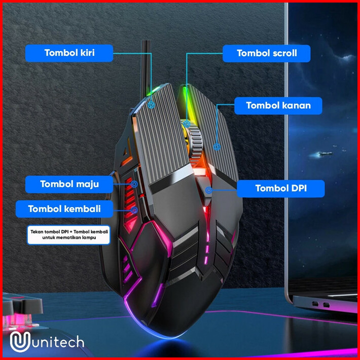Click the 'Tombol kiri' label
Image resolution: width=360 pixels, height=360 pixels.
click(69, 53)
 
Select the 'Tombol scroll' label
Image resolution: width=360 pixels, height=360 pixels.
click(267, 53)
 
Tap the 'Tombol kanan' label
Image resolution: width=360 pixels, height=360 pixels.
click(278, 105)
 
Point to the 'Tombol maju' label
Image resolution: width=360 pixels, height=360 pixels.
click(69, 184)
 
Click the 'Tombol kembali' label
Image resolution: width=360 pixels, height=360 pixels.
click(64, 208)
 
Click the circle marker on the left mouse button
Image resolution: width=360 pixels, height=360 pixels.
click(152, 105)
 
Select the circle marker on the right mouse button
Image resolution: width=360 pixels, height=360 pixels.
click(217, 147)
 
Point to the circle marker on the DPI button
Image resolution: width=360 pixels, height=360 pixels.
click(208, 190)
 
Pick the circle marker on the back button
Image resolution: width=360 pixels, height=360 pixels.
click(134, 208)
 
